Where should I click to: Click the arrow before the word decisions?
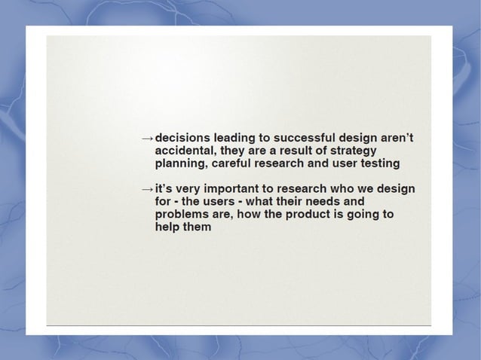point(148,139)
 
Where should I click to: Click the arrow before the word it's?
point(148,189)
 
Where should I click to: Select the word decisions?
point(182,139)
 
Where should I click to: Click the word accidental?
point(185,151)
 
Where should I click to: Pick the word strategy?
point(348,151)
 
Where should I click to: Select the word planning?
point(182,163)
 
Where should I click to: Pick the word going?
point(359,215)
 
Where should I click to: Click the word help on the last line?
point(168,227)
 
